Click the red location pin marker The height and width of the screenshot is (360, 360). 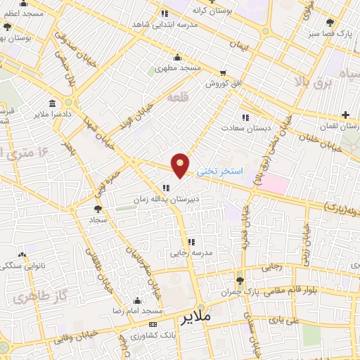tap(181, 165)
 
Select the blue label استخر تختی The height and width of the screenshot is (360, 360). tap(219, 171)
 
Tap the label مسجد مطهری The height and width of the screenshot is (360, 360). tap(179, 69)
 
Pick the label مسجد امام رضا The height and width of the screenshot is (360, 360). tap(139, 310)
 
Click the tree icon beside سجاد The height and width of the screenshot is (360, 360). tap(98, 209)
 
